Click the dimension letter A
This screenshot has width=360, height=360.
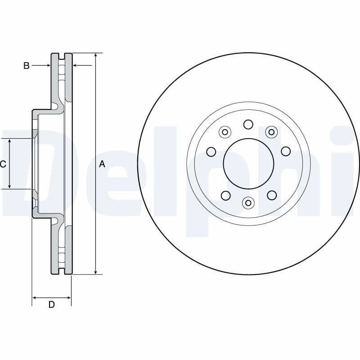pos(102,164)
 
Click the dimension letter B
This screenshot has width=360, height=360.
pos(27,66)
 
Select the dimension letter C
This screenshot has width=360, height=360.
pos(3,164)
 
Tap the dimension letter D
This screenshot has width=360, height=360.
pos(51,305)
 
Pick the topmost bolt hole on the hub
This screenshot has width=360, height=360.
pos(248,124)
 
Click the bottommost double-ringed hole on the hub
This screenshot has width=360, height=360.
pos(248,203)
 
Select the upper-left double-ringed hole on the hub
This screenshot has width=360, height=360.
pos(225,132)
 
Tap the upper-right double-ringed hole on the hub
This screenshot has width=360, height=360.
pos(271,132)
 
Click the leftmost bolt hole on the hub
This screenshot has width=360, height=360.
pos(211,151)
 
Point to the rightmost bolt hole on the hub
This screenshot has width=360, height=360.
pos(285,151)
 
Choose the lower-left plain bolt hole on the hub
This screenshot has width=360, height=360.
pos(225,195)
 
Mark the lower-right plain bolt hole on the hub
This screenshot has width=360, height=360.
pos(271,195)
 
